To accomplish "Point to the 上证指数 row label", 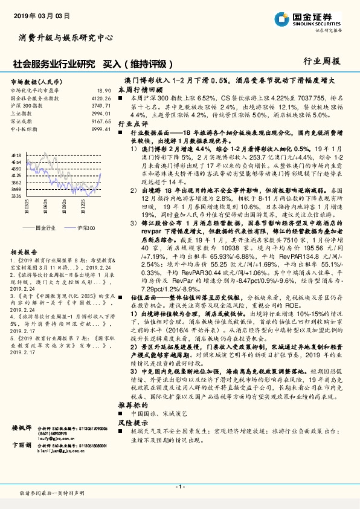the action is (22, 112).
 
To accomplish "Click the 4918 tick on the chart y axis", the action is (16, 155).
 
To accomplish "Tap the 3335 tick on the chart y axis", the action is (16, 196).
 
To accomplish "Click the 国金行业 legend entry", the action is (46, 227).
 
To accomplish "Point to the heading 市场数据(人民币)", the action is (37, 81).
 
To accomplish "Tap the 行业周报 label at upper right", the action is (322, 61).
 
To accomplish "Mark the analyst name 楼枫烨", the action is (22, 427).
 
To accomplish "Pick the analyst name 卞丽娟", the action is (22, 444).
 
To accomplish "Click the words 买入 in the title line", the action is (112, 63).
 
